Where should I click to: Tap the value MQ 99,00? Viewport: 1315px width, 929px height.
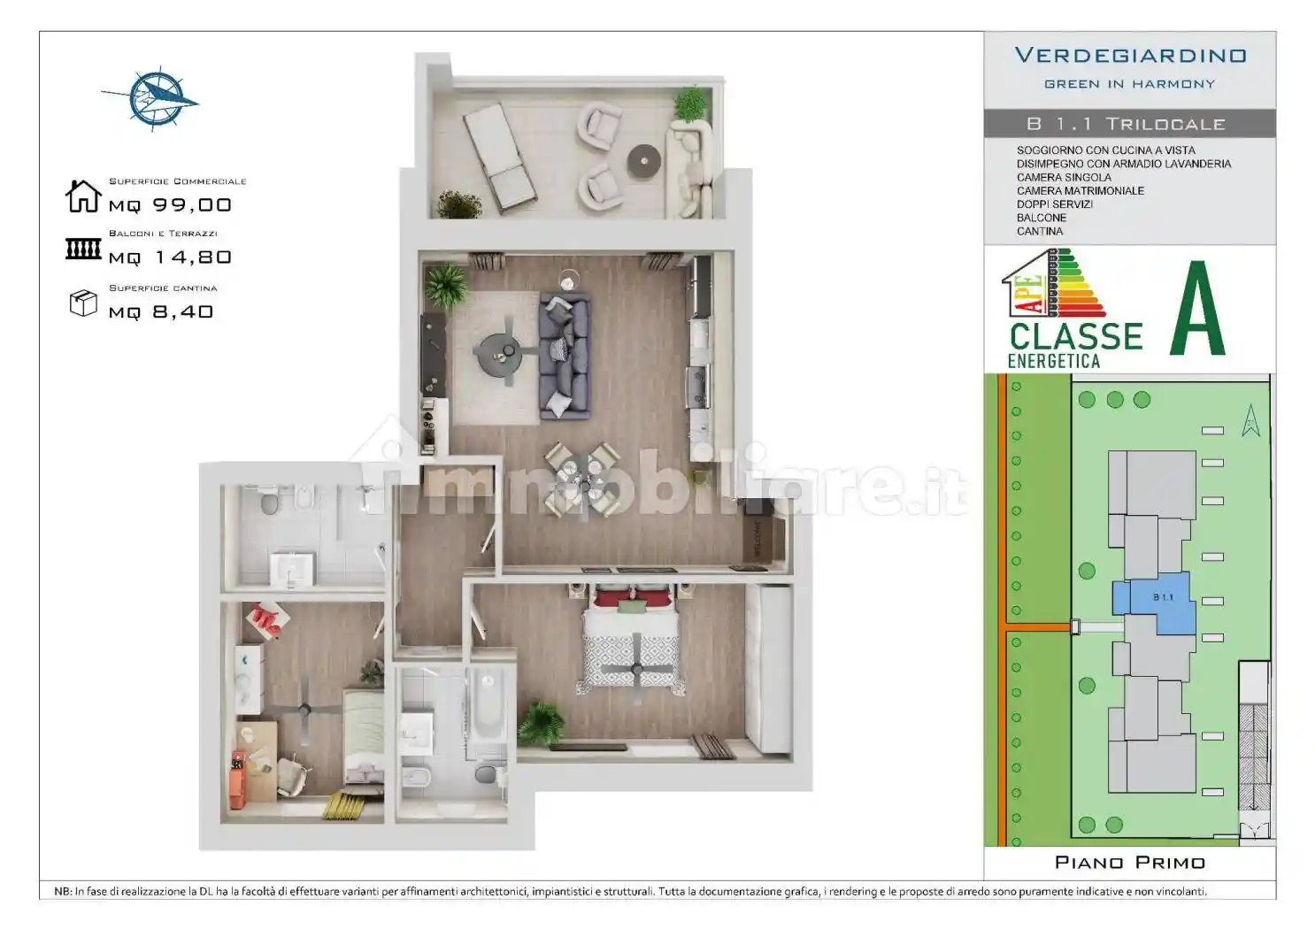[x=170, y=205]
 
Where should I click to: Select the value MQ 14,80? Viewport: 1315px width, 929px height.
[x=170, y=257]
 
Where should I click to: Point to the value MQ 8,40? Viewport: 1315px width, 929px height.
[x=161, y=311]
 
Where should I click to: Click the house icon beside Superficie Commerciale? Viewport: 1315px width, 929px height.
[x=83, y=196]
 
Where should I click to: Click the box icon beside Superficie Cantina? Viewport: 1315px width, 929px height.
[x=82, y=303]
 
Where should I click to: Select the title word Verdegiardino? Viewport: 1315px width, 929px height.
[x=1130, y=56]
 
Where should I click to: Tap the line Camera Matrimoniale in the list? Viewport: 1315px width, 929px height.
[x=1080, y=191]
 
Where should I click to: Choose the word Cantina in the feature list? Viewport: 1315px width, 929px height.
[x=1040, y=232]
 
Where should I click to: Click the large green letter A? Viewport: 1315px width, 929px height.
[x=1197, y=309]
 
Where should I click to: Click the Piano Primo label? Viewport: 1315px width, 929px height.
[x=1129, y=863]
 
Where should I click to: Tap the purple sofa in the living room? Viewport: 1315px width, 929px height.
[x=565, y=356]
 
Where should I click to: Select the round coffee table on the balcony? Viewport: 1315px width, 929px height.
[x=643, y=161]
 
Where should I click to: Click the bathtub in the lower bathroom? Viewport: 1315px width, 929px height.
[x=487, y=706]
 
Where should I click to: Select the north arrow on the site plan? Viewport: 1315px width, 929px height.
[x=1250, y=420]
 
